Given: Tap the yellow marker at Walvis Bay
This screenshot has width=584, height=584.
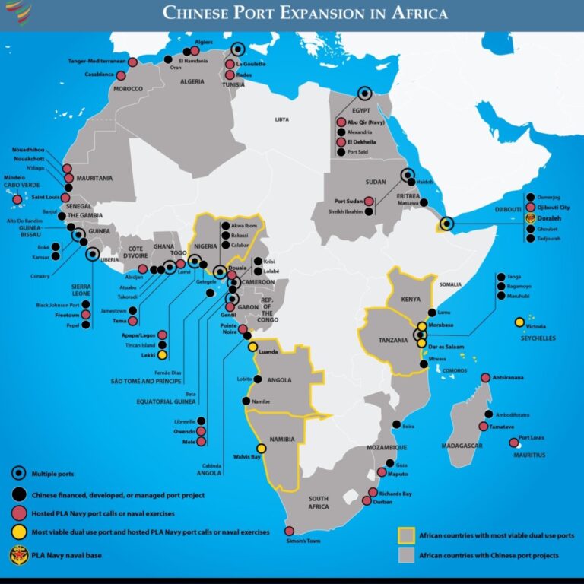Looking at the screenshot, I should click(262, 448).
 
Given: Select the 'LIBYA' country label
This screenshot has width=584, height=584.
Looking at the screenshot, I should click(282, 119).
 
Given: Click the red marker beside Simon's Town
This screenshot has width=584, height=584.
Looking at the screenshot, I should click(289, 531).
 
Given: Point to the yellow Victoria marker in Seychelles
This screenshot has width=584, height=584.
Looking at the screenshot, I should click(519, 322).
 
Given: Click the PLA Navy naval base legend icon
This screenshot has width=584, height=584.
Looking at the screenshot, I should click(17, 554).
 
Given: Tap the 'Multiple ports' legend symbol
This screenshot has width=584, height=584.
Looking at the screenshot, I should click(17, 473).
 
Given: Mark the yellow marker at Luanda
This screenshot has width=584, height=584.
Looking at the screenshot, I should click(252, 347).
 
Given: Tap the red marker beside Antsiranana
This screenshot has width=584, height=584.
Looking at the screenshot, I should click(485, 377).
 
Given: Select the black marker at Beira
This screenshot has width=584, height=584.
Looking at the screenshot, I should click(395, 424).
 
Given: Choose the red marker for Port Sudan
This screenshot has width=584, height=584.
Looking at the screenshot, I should click(369, 202).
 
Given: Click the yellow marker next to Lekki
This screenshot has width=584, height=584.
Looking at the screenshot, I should click(162, 354).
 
